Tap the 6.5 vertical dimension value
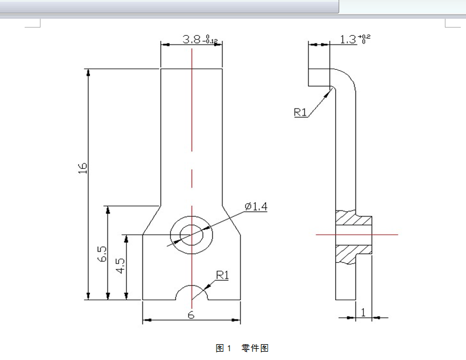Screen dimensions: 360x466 (102, 253)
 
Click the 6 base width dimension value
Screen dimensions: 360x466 (191, 315)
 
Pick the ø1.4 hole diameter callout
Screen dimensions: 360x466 (256, 206)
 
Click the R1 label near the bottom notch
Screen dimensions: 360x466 (222, 274)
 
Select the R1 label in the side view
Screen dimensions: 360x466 (300, 112)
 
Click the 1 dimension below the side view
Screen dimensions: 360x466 (363, 313)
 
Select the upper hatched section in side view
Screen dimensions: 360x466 (353, 220)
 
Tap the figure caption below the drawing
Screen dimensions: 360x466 (242, 348)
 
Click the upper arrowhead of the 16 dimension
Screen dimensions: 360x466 (88, 73)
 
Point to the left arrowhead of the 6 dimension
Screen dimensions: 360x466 (147, 320)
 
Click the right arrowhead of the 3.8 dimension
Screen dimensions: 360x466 (219, 44)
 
